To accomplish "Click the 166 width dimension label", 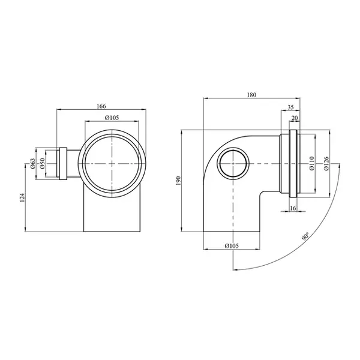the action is (101, 106).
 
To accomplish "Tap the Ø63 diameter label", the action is (32, 163).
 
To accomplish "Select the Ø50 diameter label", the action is (42, 163).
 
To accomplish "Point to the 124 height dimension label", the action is (22, 197).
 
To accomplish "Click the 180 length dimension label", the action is (251, 95).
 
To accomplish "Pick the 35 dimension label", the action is (290, 107).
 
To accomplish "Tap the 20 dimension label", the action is (295, 118).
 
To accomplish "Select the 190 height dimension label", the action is (179, 181).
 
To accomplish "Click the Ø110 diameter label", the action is (311, 163).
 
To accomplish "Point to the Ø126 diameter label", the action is (326, 163).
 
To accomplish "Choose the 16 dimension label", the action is (293, 208).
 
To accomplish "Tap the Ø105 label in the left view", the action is (112, 118).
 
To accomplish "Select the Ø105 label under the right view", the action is (232, 246).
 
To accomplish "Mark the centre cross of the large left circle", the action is (112, 163).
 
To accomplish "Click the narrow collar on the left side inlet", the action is (63, 163).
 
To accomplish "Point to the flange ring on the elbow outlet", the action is (293, 163).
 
